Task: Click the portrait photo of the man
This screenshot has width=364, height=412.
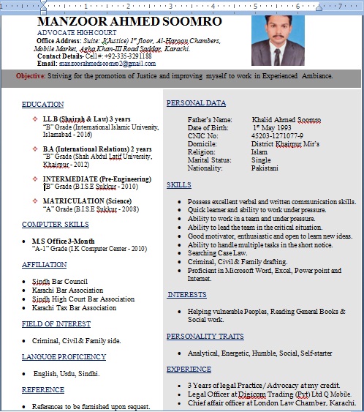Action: [278, 39]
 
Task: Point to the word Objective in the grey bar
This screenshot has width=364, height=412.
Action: [31, 76]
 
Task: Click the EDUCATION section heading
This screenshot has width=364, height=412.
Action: [42, 105]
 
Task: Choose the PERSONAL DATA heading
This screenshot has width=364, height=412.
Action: [196, 103]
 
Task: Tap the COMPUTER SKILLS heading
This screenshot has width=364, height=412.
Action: [56, 224]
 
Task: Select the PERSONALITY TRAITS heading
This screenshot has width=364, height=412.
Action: [205, 337]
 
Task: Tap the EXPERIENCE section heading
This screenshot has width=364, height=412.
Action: [189, 369]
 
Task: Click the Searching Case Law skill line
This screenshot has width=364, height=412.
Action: [217, 252]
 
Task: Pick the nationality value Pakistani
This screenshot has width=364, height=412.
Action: [265, 168]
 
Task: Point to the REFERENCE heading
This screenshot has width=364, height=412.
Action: [42, 390]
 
